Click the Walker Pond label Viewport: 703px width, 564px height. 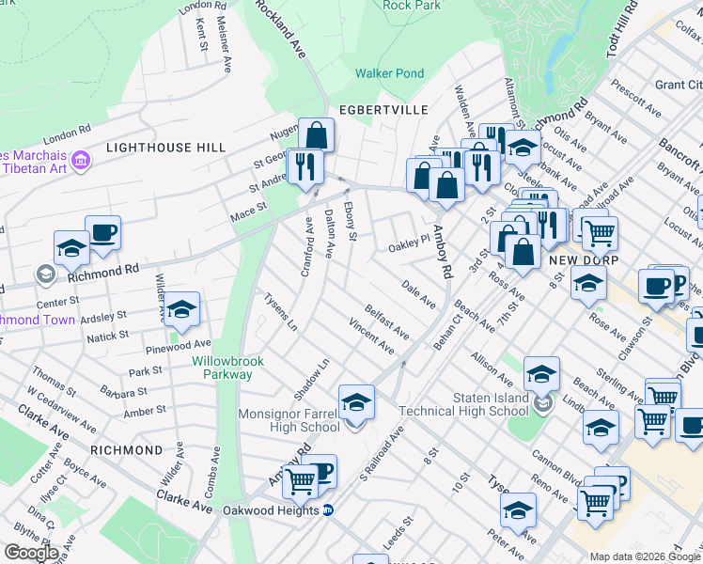389,73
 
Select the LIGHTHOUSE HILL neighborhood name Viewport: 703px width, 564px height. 165,148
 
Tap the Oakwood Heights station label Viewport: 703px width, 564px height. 270,510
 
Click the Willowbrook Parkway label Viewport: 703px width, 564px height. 227,368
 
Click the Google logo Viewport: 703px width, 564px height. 31,552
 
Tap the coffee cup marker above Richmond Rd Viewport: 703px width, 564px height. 102,231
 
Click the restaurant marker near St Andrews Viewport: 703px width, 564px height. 305,165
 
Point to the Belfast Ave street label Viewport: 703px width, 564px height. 387,321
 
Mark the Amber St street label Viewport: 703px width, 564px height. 145,411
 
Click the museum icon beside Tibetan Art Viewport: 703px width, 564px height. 81,162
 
